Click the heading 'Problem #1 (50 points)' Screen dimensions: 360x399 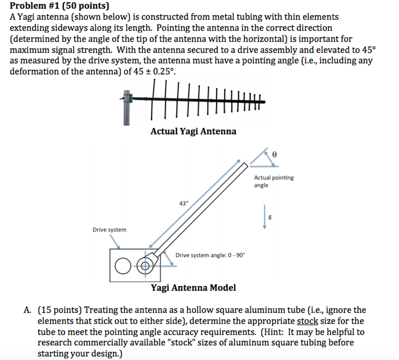(60, 6)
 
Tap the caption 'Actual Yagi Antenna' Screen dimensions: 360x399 (193, 131)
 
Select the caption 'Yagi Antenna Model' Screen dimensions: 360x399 (193, 288)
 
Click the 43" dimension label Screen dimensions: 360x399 (183, 203)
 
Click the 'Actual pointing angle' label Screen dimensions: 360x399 (274, 181)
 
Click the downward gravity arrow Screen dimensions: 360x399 (265, 217)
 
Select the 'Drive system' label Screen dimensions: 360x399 (109, 230)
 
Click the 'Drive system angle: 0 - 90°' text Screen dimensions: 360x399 (210, 255)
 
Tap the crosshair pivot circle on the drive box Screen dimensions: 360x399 (145, 266)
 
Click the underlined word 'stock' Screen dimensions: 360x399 (307, 321)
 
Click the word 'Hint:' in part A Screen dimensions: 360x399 (273, 332)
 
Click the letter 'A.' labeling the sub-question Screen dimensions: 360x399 (27, 310)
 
